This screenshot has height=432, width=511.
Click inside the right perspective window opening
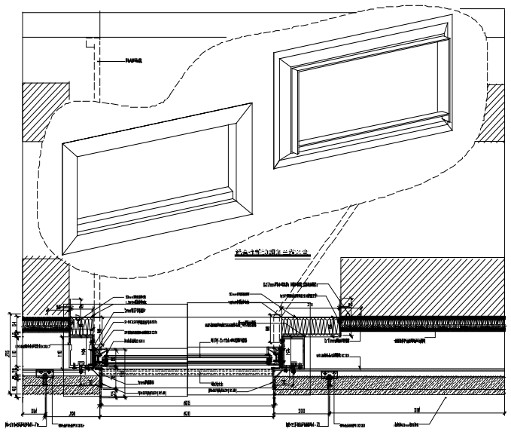pos(373,102)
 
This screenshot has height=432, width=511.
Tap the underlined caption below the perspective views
pos(272,253)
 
